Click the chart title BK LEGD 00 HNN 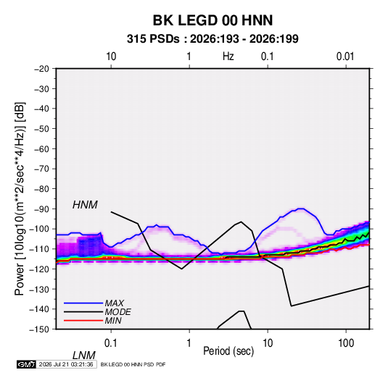click(x=212, y=20)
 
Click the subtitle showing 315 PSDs click(x=212, y=39)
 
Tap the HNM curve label click(x=85, y=205)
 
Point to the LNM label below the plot click(x=83, y=355)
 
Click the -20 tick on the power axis click(x=41, y=69)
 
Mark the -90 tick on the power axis click(x=41, y=209)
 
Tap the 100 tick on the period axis click(x=346, y=343)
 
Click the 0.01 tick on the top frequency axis click(x=345, y=56)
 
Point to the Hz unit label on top click(x=228, y=56)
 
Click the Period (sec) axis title click(x=228, y=351)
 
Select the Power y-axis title click(x=20, y=199)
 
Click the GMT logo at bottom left click(x=27, y=364)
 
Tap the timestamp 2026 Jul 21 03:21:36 click(x=66, y=364)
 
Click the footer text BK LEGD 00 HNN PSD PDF click(x=133, y=364)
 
